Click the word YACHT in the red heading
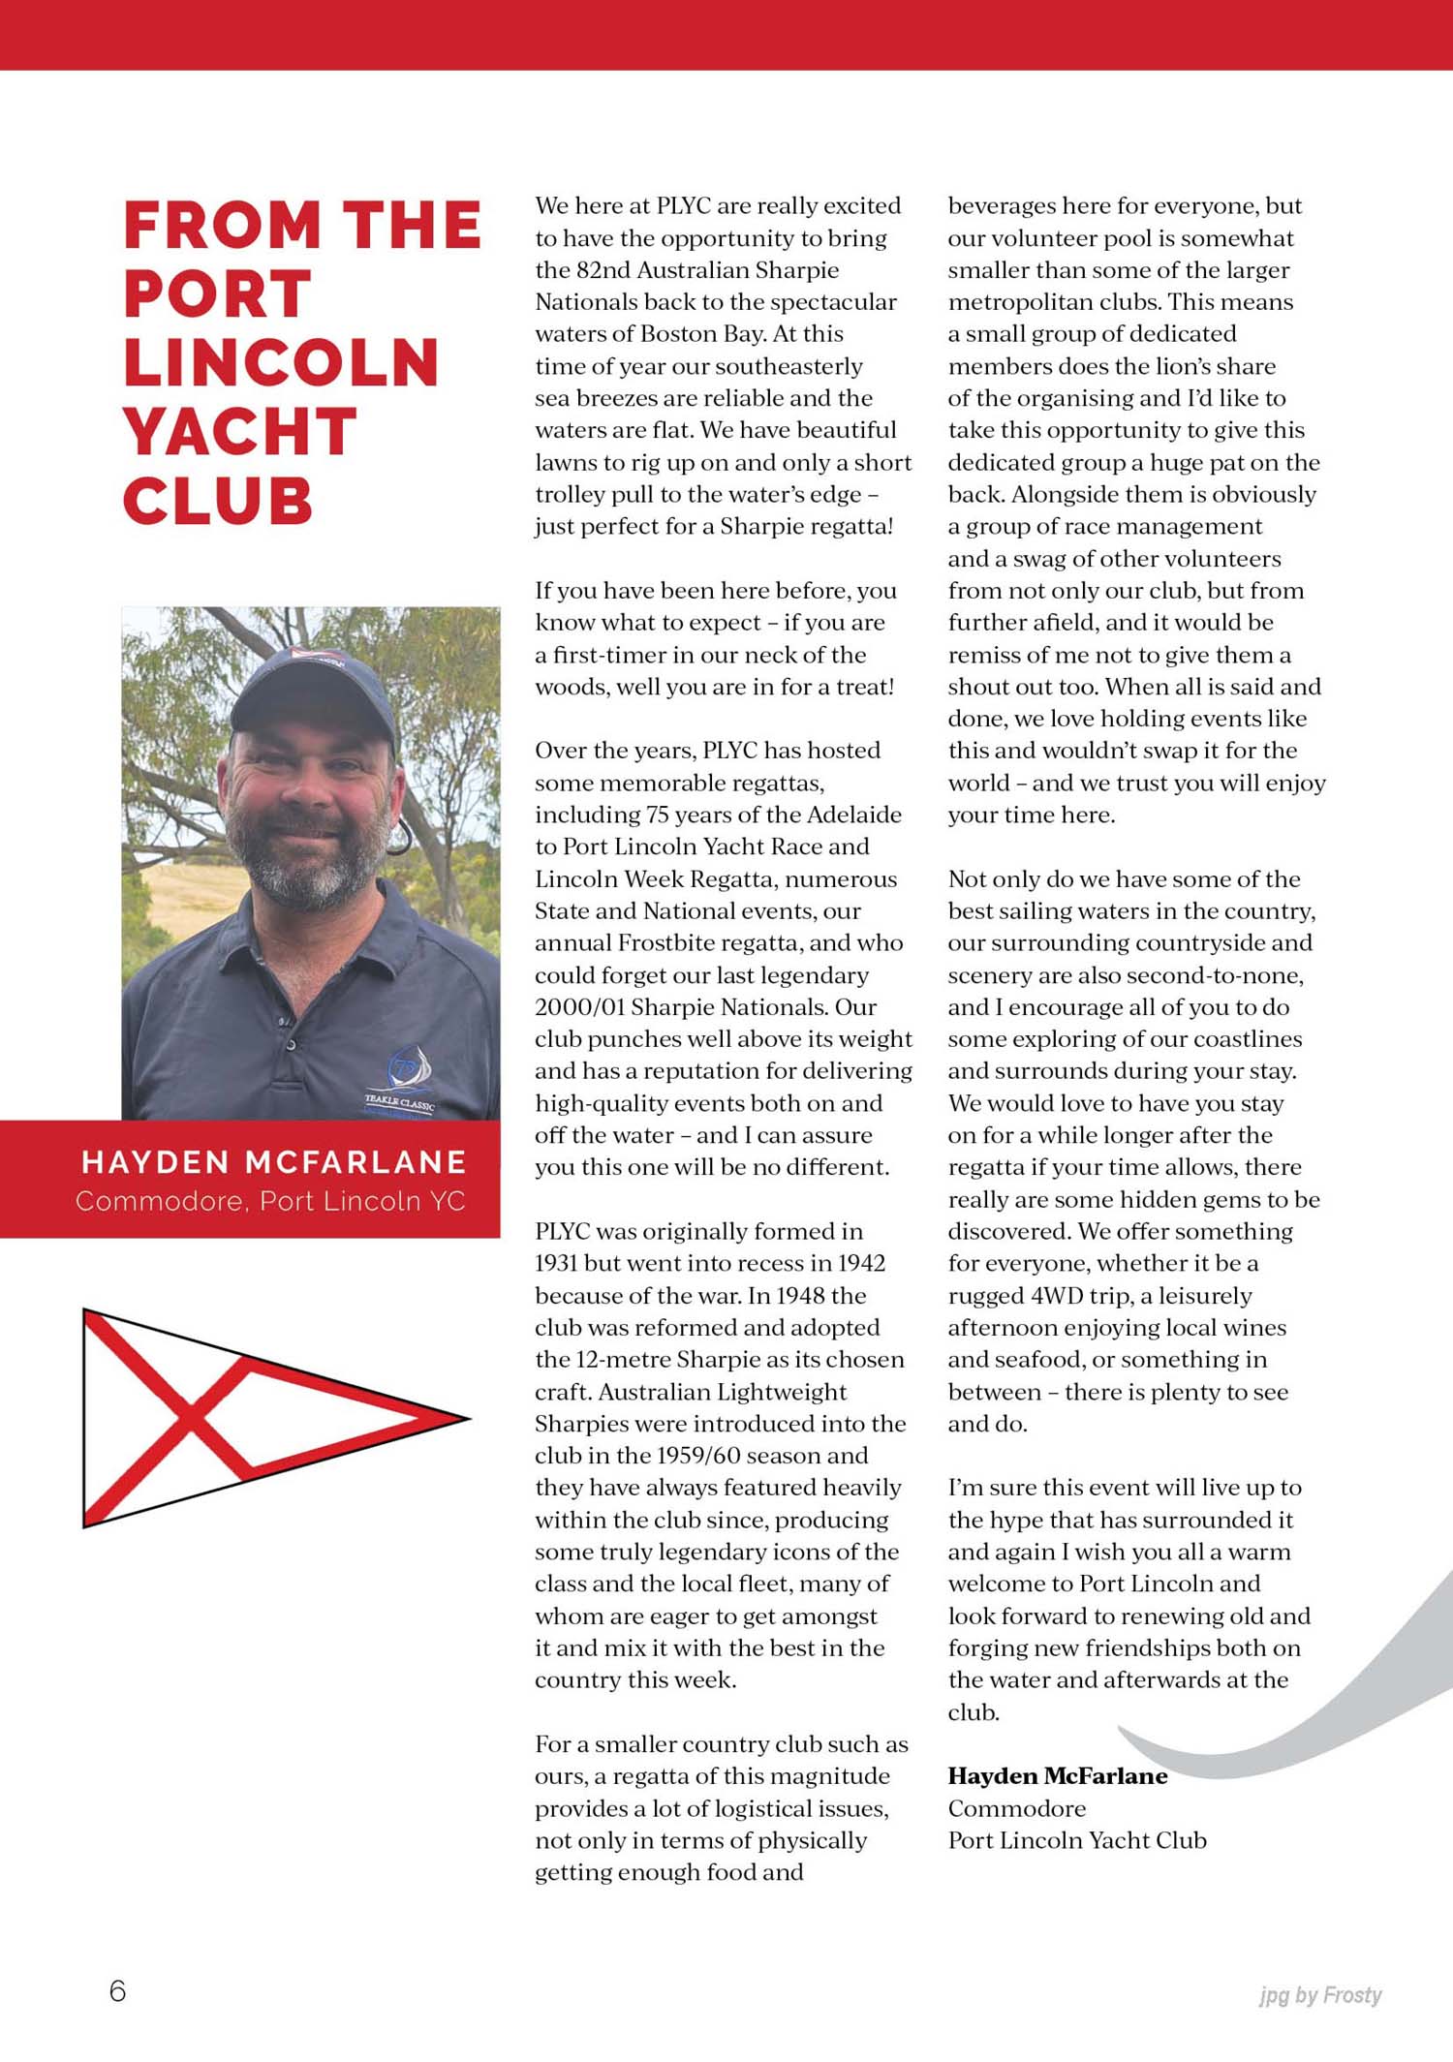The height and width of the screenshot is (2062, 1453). coord(239,432)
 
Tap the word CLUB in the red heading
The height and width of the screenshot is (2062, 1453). coord(218,501)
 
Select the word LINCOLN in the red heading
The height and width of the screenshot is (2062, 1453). coord(281,363)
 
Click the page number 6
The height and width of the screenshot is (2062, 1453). coord(117,1991)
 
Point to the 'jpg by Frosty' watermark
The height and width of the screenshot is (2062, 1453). coord(1319,1995)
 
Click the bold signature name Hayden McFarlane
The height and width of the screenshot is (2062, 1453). coord(1057,1776)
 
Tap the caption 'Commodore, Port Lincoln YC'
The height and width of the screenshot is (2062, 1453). coord(270,1201)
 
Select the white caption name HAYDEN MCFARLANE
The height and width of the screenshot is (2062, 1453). coord(274,1161)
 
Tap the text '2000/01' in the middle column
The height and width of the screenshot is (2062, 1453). coord(579,1007)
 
